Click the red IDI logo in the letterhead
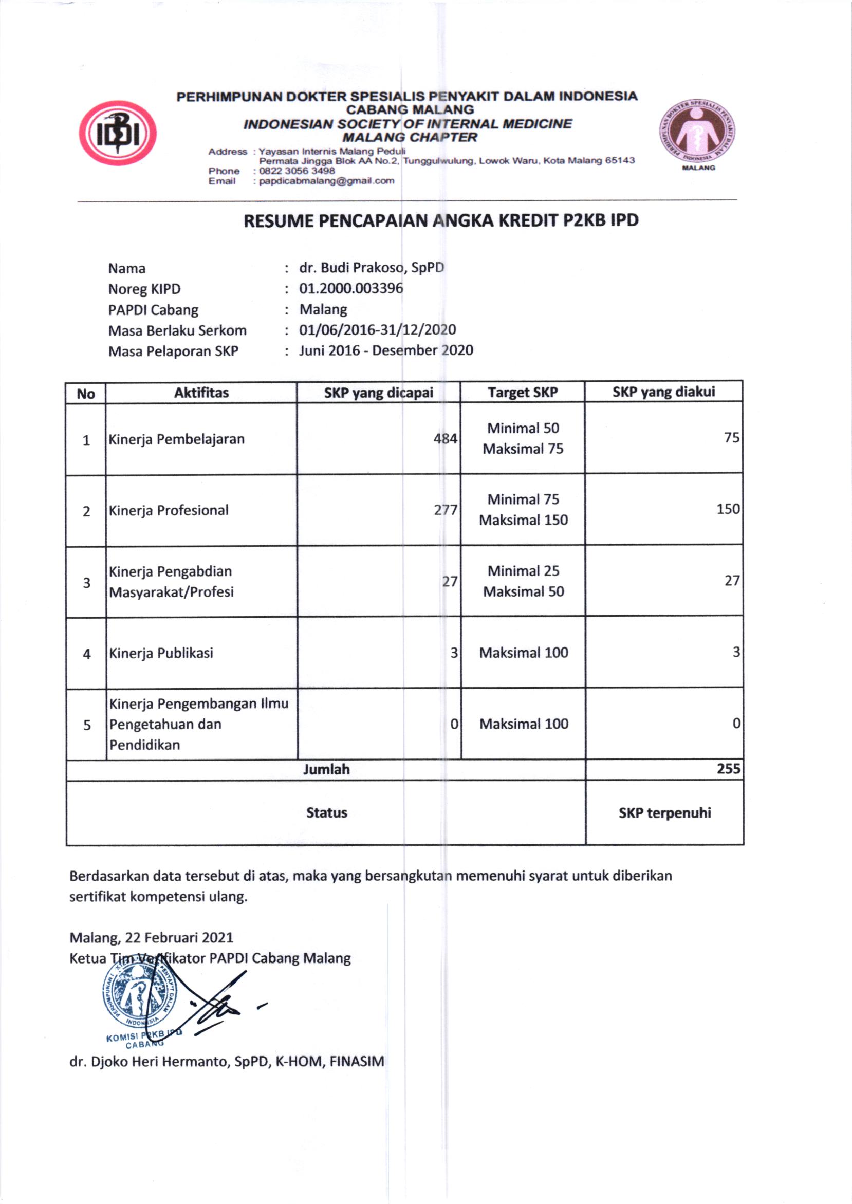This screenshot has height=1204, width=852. coord(118,133)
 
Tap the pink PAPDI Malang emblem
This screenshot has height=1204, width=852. coord(698,132)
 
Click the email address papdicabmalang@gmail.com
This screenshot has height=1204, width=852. coord(326,181)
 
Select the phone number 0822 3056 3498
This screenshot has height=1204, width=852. coord(297,171)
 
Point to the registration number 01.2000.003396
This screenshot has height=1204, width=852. coord(351,289)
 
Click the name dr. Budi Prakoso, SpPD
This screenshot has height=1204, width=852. coord(372,268)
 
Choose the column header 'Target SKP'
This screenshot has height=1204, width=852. coord(523,393)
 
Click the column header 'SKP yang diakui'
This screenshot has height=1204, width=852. coord(663,392)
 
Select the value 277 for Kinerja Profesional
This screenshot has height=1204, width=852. coord(446,510)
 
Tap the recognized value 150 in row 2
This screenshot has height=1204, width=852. coord(728,509)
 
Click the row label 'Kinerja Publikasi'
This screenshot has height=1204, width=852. coord(161,653)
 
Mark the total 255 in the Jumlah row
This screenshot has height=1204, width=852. coord(729,769)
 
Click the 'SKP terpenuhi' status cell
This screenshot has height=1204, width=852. coord(665,813)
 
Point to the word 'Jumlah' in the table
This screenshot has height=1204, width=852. coord(326,770)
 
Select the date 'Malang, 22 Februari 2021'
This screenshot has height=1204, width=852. coord(151,937)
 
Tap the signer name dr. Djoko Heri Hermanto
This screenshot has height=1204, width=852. coord(227,1062)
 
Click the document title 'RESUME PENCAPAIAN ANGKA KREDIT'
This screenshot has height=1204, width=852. coord(441,221)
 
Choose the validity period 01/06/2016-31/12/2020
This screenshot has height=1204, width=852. coord(377,330)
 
